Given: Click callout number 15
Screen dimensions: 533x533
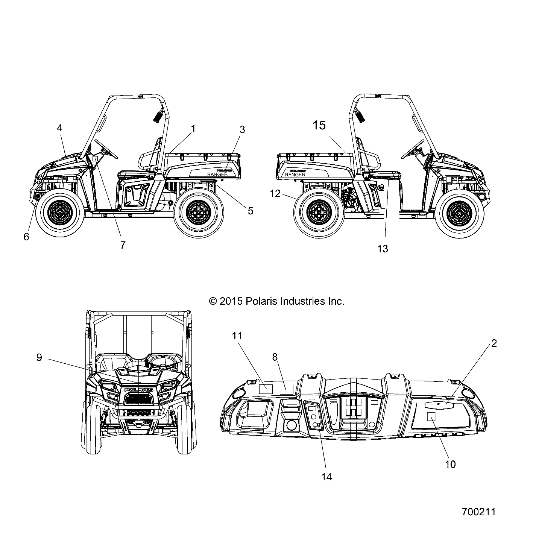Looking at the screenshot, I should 319,125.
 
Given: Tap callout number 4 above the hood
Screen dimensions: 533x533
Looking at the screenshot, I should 59,128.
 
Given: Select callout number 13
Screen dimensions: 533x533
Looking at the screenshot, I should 382,249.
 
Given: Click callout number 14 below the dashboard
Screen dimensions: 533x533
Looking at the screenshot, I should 327,477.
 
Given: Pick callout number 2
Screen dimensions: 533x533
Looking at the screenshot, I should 494,343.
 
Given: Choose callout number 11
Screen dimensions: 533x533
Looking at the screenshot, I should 237,336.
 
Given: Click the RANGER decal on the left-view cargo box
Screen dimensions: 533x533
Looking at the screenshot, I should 217,174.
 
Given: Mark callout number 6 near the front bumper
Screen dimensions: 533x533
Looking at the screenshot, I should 26,237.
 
